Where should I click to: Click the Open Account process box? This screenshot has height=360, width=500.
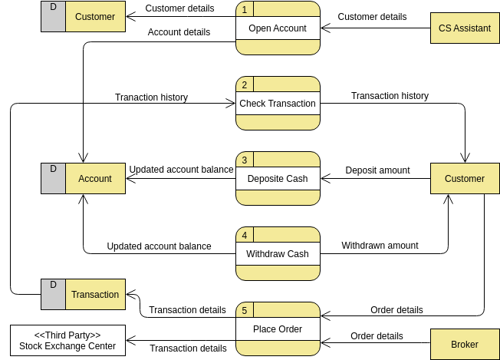point(278,28)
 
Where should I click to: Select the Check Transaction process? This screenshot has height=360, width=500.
point(278,104)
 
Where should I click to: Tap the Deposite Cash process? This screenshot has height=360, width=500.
point(278,179)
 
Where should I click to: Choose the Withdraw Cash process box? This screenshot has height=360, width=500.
point(278,254)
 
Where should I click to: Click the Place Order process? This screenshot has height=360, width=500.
point(278,329)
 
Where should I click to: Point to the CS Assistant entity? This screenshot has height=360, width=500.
point(465,28)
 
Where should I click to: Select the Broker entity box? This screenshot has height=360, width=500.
point(465,345)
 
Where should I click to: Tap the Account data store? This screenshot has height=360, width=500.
point(95,179)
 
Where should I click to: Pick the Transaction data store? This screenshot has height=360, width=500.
point(95,294)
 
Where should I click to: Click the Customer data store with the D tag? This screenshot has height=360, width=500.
point(95,16)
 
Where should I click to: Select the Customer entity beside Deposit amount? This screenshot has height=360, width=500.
point(465,179)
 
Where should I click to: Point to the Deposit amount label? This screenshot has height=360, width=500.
point(377,170)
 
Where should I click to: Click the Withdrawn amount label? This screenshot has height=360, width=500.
point(380,246)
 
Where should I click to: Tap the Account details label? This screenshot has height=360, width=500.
point(179,32)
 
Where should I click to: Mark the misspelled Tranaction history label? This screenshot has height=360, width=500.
point(151,97)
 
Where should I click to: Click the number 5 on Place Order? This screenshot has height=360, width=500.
point(244,310)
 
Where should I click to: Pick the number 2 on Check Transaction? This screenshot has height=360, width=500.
point(244,84)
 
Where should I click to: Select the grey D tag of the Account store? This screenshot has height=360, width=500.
point(53,178)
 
